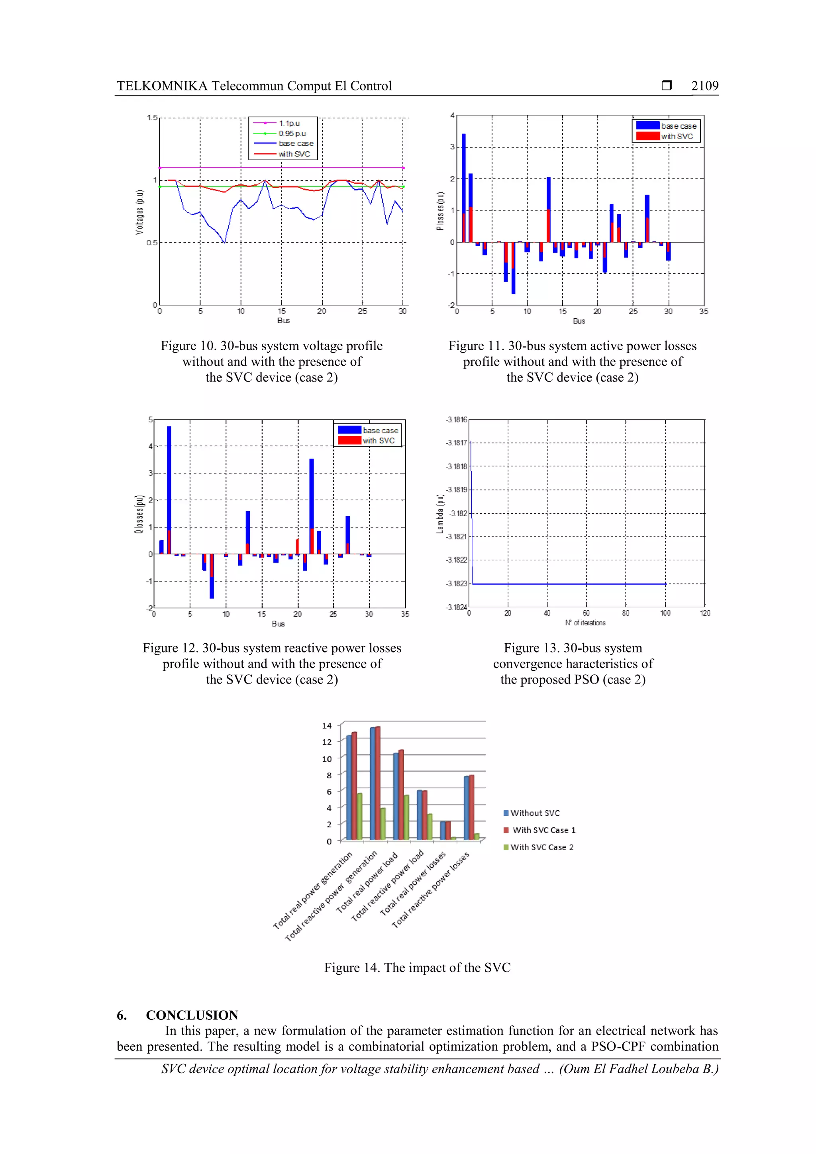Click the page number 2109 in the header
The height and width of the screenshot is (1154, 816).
tap(704, 86)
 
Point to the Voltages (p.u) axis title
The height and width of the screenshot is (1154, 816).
tap(139, 212)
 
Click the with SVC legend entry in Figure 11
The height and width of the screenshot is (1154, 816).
tap(676, 136)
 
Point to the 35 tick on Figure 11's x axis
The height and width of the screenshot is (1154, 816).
tap(703, 312)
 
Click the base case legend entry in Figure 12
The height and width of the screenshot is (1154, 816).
tap(380, 430)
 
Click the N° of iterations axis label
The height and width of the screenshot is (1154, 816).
tap(585, 623)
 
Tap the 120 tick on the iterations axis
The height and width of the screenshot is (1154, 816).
tap(705, 613)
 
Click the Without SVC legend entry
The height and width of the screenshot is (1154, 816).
tap(534, 813)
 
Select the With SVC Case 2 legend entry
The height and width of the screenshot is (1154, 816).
tap(541, 847)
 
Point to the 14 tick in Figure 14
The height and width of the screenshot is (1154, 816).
tap(327, 726)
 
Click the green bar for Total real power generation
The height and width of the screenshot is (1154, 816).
tap(359, 817)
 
